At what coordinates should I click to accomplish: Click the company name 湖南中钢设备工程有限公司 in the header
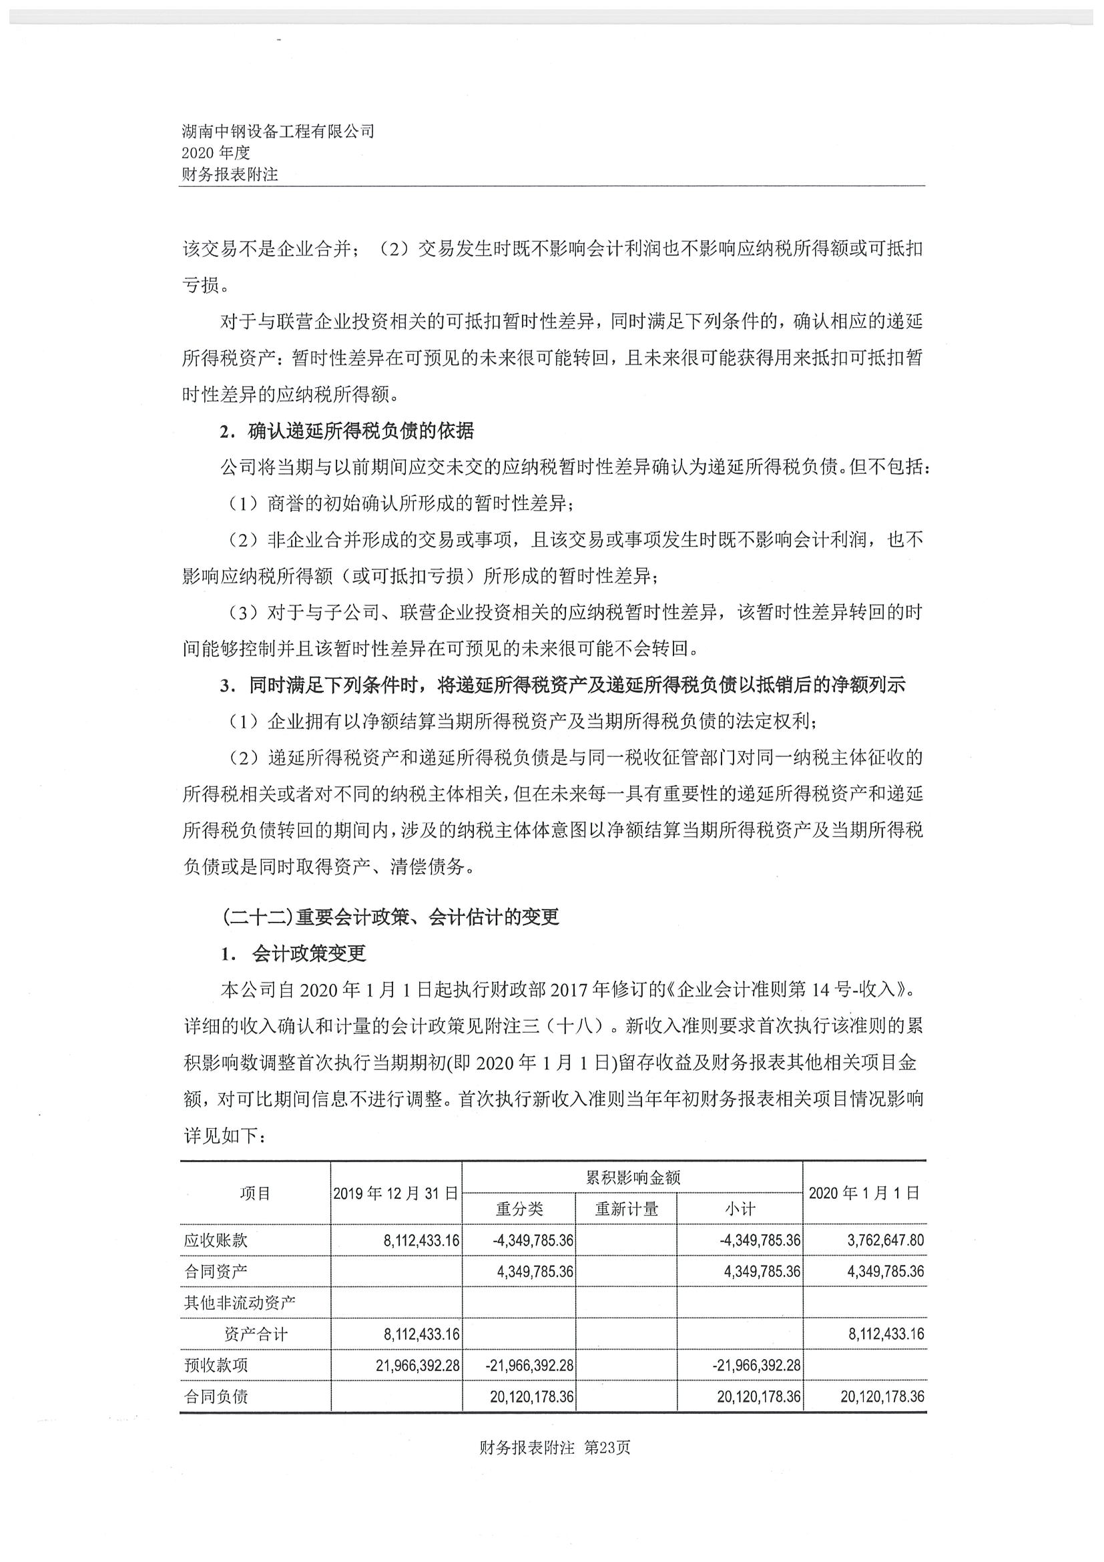tap(278, 132)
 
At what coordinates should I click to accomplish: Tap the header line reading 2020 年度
tap(216, 153)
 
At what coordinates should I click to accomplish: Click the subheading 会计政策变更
tap(309, 953)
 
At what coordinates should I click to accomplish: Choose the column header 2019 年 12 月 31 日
tap(395, 1193)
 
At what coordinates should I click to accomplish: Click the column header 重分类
tap(519, 1208)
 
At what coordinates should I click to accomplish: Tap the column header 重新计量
tap(627, 1208)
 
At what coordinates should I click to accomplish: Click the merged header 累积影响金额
tap(633, 1178)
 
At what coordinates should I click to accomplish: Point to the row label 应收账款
tap(216, 1240)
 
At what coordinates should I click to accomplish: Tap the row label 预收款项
tap(216, 1365)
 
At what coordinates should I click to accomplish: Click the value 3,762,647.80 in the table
tap(886, 1240)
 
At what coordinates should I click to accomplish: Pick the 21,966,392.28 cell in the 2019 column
tap(418, 1365)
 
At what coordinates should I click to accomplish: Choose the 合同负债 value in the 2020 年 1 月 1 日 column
tap(882, 1396)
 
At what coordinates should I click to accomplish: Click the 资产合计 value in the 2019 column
tap(422, 1334)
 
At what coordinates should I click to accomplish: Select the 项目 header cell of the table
tap(255, 1193)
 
